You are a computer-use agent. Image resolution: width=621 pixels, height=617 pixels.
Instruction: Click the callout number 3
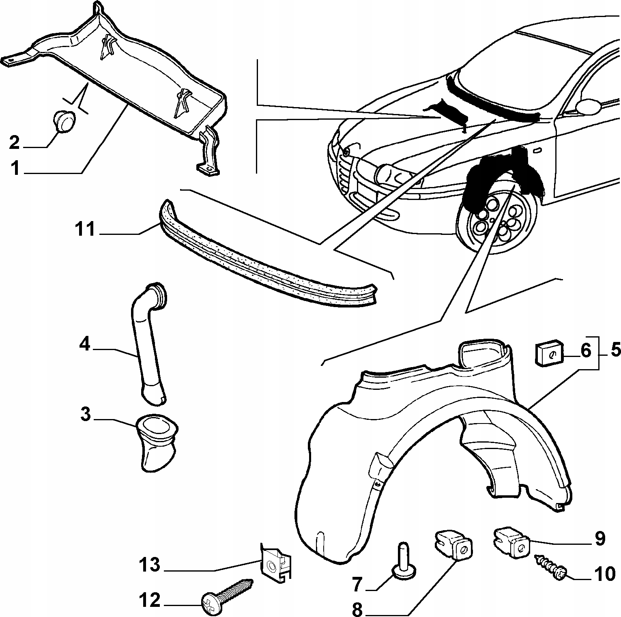pyautogui.click(x=85, y=415)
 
